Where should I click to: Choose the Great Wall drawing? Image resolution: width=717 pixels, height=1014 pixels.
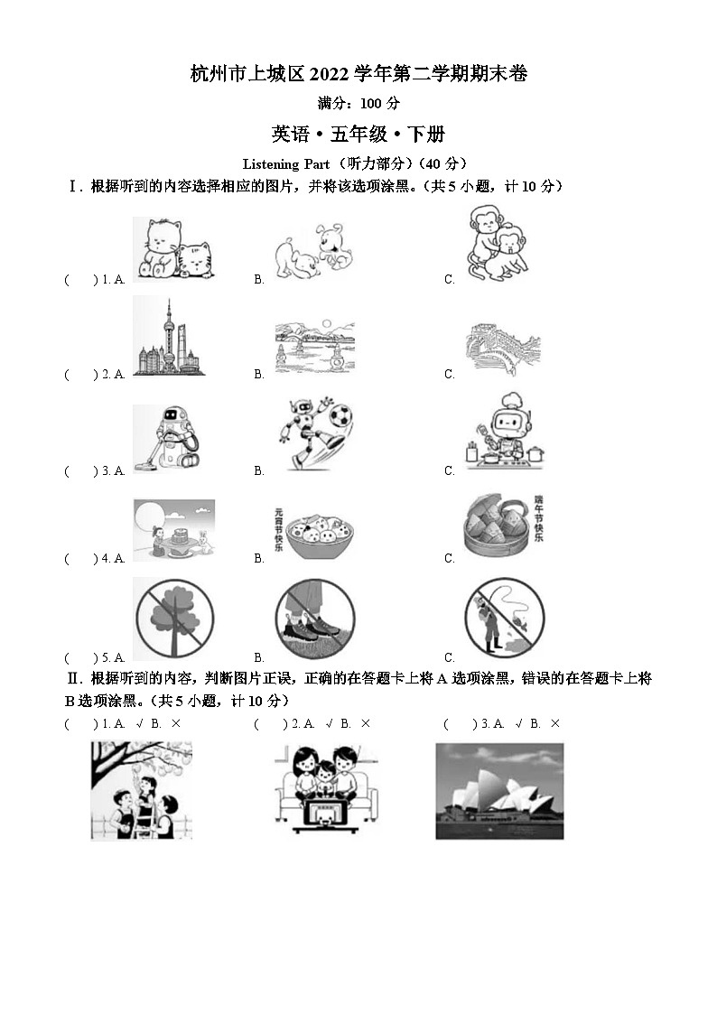pyautogui.click(x=503, y=349)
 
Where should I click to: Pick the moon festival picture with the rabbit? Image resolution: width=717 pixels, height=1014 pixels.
pyautogui.click(x=173, y=529)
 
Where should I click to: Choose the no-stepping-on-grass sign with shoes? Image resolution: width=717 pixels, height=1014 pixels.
pyautogui.click(x=314, y=619)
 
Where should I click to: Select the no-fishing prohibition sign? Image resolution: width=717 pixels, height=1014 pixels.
pyautogui.click(x=504, y=619)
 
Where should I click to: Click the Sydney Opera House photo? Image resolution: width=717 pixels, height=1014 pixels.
pyautogui.click(x=499, y=791)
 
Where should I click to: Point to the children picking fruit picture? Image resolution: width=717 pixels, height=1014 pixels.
pyautogui.click(x=141, y=791)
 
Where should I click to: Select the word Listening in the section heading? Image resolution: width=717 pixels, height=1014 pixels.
pyautogui.click(x=271, y=163)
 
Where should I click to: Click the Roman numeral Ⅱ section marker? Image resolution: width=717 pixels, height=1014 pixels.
pyautogui.click(x=74, y=678)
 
